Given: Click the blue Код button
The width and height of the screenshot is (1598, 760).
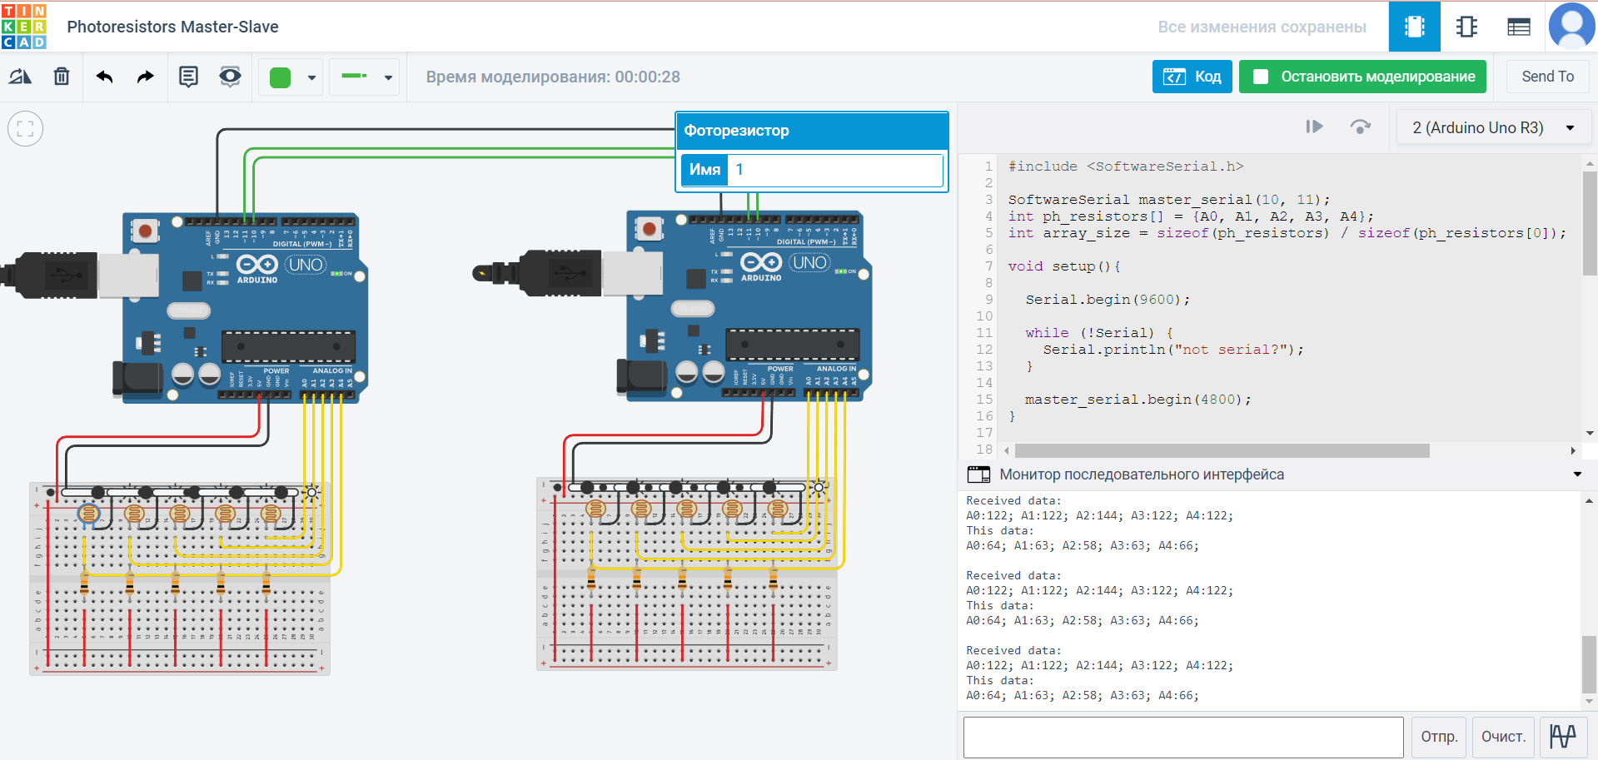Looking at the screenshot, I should (x=1192, y=77).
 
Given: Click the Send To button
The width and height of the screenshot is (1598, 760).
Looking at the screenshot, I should (x=1547, y=77).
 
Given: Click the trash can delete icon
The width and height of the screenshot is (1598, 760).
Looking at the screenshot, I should (x=62, y=77).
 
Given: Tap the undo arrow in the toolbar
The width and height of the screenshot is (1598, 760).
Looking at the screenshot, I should (x=104, y=77).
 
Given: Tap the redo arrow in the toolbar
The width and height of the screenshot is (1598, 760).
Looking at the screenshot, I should (x=146, y=77).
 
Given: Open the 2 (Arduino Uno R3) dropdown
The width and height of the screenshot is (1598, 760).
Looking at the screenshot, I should (x=1493, y=127).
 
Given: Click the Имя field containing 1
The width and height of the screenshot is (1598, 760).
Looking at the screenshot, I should (x=834, y=170).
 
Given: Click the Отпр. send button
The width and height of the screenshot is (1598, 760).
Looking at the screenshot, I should (x=1438, y=737).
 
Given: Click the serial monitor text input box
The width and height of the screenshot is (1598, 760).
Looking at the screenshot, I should (x=1182, y=737).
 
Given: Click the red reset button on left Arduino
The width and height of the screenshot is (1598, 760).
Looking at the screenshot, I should (x=146, y=230).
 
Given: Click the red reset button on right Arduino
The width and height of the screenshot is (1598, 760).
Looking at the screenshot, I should (x=650, y=227).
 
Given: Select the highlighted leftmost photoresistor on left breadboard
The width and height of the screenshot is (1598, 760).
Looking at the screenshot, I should (x=88, y=514).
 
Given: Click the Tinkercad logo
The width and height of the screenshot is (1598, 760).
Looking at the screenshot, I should (x=24, y=27).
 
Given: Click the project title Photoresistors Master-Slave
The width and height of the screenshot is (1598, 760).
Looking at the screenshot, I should (x=172, y=27).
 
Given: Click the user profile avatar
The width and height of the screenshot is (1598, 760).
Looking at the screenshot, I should (x=1571, y=27).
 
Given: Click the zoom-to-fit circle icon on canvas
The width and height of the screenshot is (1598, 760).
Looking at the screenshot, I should (x=26, y=129).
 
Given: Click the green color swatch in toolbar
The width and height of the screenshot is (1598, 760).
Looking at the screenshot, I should (x=281, y=77).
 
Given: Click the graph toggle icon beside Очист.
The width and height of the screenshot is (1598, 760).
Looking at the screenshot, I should (x=1562, y=737).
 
